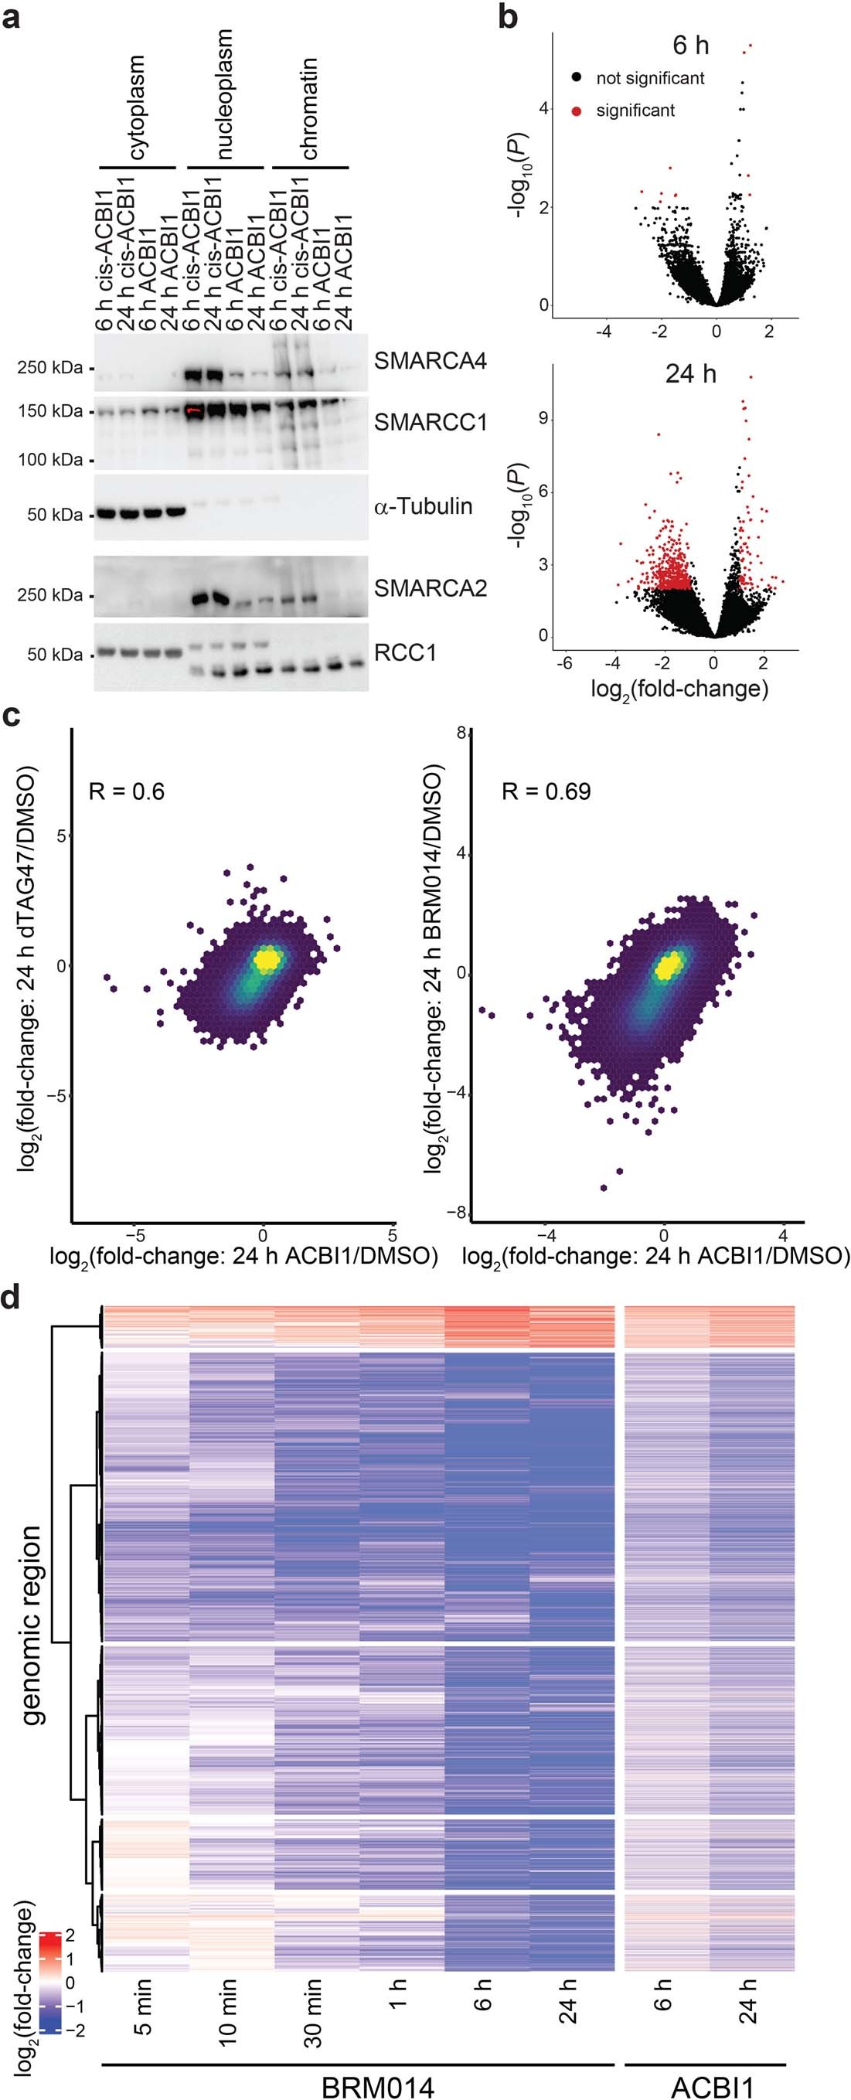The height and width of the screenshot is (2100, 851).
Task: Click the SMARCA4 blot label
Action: point(430,360)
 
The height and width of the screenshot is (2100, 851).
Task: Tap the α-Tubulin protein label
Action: point(422,506)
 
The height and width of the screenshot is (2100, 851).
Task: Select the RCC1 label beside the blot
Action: point(405,652)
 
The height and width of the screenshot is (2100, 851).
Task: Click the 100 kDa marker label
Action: point(49,460)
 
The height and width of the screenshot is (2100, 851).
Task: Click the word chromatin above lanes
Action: point(308,108)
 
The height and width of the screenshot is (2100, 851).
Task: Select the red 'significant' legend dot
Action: point(577,111)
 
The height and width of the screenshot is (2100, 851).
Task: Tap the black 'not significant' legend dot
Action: point(577,78)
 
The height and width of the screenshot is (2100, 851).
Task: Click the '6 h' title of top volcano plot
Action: point(689,46)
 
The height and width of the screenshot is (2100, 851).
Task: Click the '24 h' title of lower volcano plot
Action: point(689,374)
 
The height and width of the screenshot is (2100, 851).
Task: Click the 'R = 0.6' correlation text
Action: point(126,791)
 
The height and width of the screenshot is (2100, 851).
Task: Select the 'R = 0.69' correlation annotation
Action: point(546,791)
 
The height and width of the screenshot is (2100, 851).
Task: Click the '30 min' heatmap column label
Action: point(312,2013)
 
